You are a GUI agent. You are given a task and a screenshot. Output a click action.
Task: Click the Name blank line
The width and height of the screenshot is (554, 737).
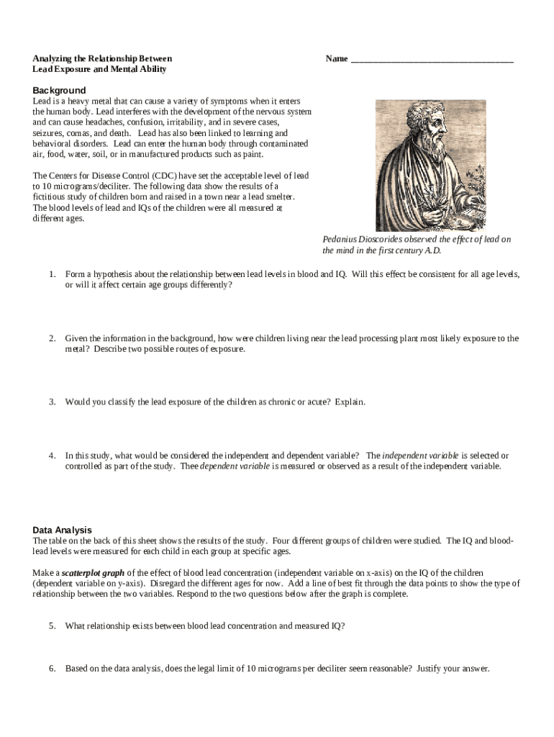coord(432,60)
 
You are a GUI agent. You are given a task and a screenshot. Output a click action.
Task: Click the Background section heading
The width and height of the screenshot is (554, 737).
coord(59,90)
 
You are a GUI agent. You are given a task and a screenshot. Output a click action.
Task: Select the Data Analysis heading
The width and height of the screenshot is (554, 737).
coord(62,530)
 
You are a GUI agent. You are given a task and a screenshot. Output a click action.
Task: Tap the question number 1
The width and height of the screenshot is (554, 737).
coord(53,274)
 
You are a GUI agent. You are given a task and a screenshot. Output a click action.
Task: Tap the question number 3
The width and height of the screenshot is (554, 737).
coord(53,402)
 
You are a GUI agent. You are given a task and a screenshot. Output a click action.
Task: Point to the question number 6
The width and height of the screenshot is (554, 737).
coord(53,668)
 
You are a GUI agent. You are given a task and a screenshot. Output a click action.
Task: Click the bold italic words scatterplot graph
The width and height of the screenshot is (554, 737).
coord(93,572)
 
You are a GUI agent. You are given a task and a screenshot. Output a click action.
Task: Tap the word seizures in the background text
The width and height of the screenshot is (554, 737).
coord(49,133)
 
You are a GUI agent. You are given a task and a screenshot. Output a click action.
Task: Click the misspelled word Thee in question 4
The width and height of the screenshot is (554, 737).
coord(188,466)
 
